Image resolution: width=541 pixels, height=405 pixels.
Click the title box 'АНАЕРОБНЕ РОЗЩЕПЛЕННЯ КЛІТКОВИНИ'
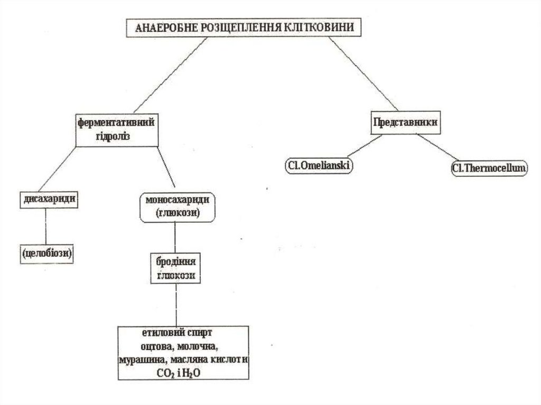pyautogui.click(x=244, y=28)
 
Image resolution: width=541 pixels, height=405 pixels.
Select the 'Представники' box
pyautogui.click(x=405, y=122)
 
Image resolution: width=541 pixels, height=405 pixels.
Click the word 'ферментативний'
pyautogui.click(x=116, y=123)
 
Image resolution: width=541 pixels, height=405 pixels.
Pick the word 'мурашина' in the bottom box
pyautogui.click(x=140, y=359)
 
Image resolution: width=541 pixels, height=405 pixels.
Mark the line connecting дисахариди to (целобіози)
pyautogui.click(x=46, y=227)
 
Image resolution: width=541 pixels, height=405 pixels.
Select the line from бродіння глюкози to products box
pyautogui.click(x=175, y=306)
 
